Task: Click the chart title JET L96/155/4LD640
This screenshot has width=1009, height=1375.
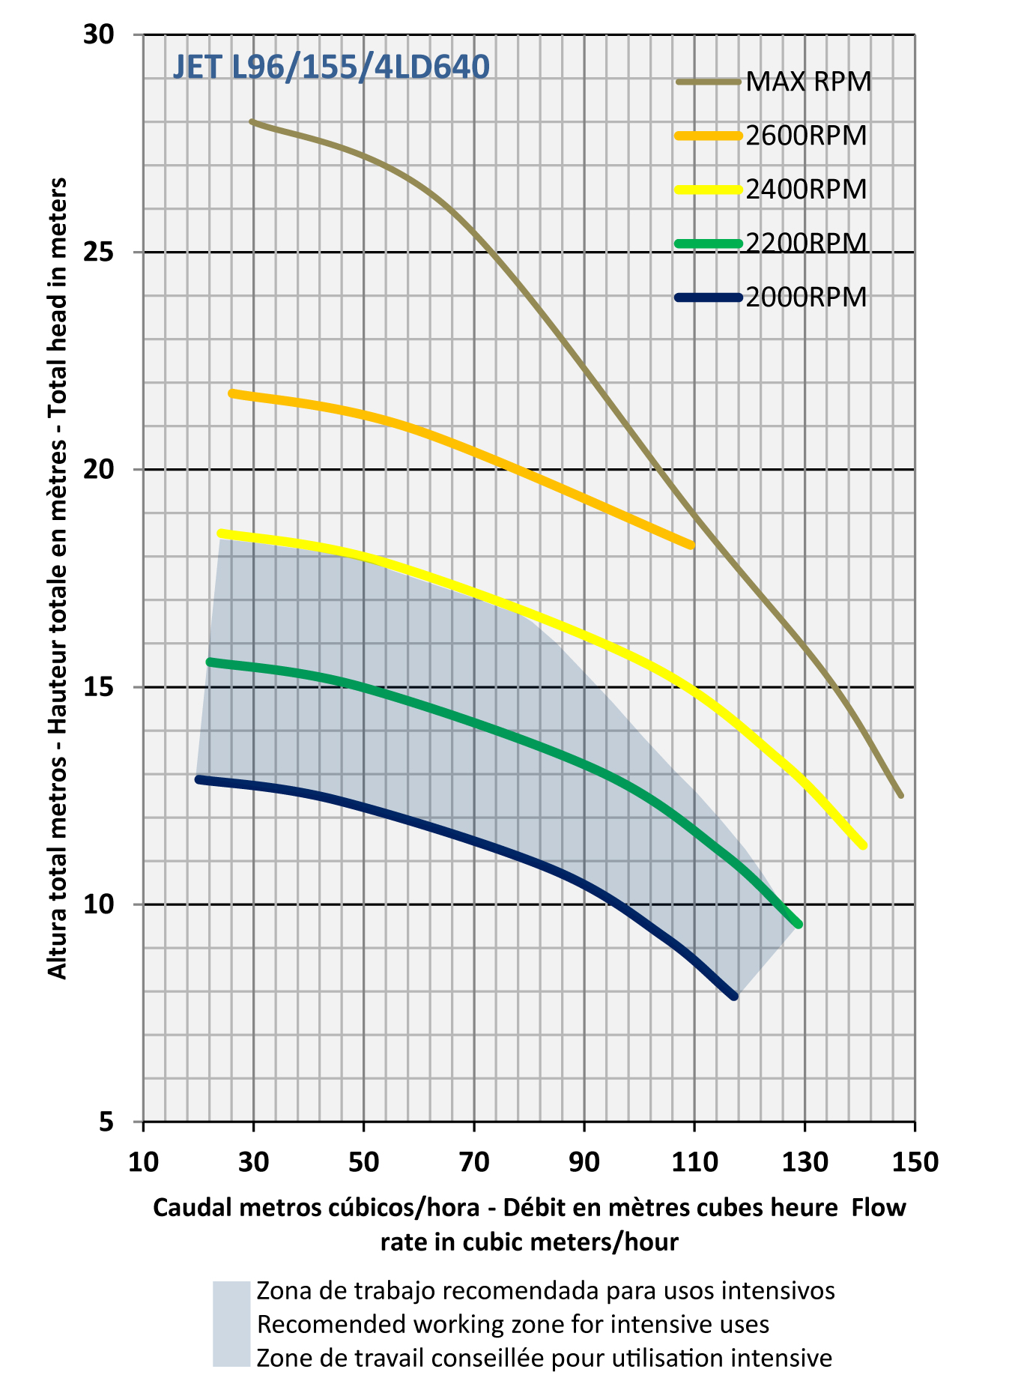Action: click(x=331, y=67)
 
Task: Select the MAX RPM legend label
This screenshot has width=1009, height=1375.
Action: click(x=808, y=82)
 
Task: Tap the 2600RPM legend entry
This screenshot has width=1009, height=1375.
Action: click(x=806, y=136)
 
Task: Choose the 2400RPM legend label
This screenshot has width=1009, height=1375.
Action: click(x=806, y=190)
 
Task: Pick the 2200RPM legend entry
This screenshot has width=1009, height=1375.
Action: click(x=806, y=244)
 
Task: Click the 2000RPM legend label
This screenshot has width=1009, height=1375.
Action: click(x=806, y=297)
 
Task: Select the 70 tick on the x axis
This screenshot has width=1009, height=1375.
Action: click(x=474, y=1161)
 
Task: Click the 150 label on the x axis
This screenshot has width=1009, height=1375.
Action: click(x=915, y=1161)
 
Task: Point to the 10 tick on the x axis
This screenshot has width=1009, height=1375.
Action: click(x=143, y=1161)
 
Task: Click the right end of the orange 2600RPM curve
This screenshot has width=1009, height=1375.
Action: click(x=691, y=546)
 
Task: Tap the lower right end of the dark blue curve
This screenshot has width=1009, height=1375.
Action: click(x=734, y=996)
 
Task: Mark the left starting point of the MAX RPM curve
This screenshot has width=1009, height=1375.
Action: click(x=253, y=121)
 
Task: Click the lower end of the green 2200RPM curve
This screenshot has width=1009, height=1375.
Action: click(x=799, y=925)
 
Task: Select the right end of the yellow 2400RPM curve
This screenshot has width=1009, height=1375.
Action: click(x=863, y=845)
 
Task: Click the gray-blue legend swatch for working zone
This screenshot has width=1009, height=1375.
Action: click(x=231, y=1324)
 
